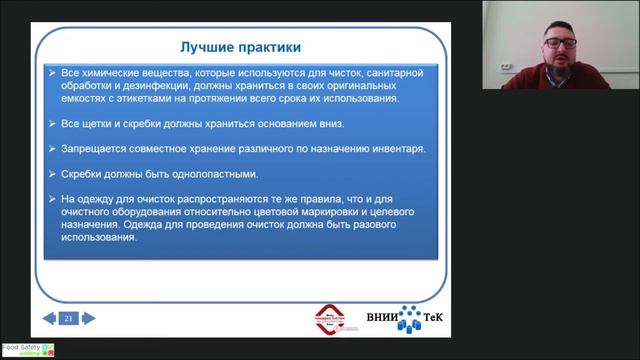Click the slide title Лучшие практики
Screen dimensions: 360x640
(x=239, y=47)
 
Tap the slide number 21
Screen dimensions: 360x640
(x=69, y=319)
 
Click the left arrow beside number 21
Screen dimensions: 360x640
(x=50, y=319)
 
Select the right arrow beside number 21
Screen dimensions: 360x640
(x=88, y=319)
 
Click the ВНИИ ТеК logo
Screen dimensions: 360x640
(x=410, y=319)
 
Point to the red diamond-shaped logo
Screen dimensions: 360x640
(x=335, y=319)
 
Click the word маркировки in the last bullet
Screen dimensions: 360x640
(x=331, y=212)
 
